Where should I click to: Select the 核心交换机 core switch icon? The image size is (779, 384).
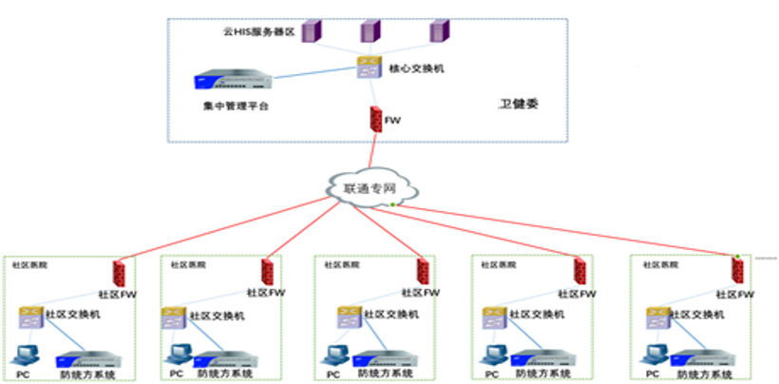tap(369, 67)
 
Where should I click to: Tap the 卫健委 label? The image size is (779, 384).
tap(519, 105)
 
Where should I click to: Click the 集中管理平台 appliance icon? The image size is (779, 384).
tap(232, 83)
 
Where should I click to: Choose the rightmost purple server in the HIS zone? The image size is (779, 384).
tap(436, 31)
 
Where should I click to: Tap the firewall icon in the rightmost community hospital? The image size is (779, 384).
tap(737, 271)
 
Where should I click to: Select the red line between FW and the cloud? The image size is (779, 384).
tap(371, 154)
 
